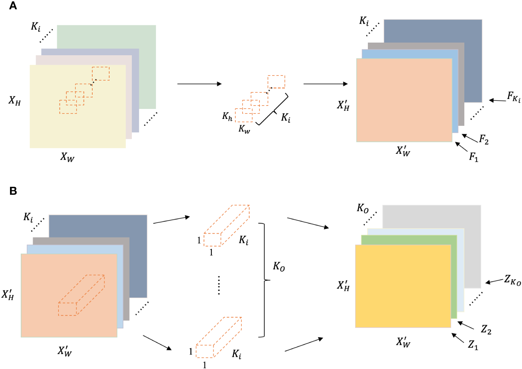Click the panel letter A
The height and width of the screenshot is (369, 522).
coord(13,6)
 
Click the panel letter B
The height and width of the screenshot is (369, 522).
coord(13,191)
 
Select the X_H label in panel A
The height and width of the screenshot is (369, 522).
coord(15,101)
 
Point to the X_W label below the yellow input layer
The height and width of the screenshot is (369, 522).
coord(67,157)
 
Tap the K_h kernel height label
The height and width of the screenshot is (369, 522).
coord(227,116)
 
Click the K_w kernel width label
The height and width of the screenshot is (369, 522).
coord(244,129)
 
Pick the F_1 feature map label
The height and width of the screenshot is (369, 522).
coord(474,157)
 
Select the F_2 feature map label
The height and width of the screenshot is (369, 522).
coord(484,140)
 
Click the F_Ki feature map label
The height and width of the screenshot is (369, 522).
coord(514,97)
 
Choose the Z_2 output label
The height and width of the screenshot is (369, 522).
coord(486,329)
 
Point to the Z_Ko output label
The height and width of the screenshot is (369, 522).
coord(512,280)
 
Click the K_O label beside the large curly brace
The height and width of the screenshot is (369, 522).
coord(279,266)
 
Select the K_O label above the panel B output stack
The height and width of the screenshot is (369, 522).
coord(362,208)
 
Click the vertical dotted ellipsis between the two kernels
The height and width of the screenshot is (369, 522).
coord(219,285)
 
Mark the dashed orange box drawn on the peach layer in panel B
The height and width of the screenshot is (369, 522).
coord(81,295)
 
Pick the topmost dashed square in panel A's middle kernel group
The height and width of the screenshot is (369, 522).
coord(276,82)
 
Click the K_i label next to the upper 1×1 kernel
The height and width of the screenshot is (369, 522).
coord(244,240)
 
